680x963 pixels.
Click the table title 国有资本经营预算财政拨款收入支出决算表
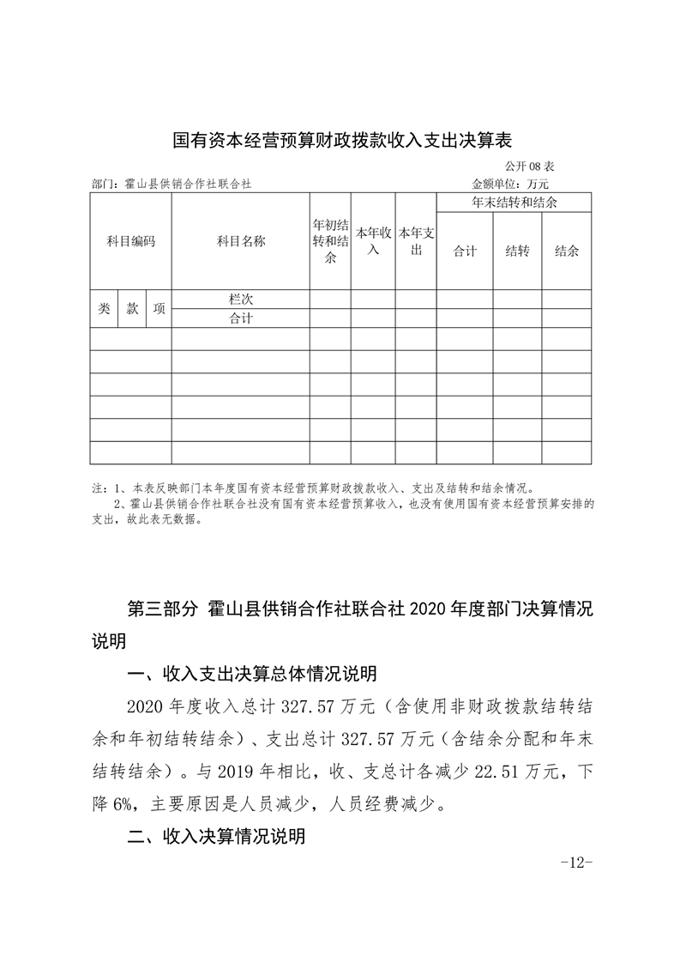[x=341, y=140]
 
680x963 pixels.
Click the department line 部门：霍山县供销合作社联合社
[x=171, y=184]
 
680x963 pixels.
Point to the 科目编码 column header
[x=130, y=242]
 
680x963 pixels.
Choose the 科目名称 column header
[x=240, y=242]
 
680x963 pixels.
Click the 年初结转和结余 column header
[x=330, y=241]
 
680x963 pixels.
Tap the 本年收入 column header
[x=373, y=241]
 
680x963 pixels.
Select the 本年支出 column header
[x=416, y=241]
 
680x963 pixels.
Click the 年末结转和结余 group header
[x=514, y=203]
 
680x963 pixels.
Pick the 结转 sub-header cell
[x=517, y=251]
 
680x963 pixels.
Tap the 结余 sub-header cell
[x=566, y=251]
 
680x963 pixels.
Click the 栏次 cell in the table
[x=240, y=300]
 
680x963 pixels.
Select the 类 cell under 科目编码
[x=104, y=309]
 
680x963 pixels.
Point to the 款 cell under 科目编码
[x=132, y=309]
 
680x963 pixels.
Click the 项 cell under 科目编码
[x=159, y=309]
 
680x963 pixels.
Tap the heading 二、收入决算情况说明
[x=216, y=837]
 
